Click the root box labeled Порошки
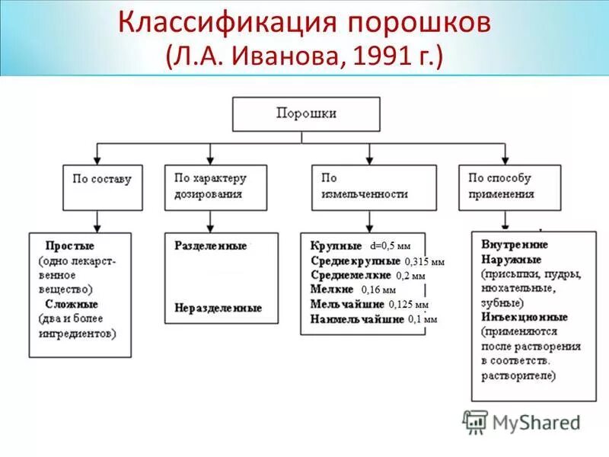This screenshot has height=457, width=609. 304,113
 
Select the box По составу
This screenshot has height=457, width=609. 101,187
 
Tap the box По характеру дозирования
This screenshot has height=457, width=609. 215,187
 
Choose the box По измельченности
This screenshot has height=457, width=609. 374,187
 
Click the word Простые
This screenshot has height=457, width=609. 70,247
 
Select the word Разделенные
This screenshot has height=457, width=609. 211,247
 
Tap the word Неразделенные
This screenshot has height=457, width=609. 218,308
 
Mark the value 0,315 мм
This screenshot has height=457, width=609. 424,261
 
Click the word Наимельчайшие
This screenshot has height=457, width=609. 356,319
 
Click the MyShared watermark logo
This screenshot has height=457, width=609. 522,421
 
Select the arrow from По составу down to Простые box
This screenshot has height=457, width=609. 97,222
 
